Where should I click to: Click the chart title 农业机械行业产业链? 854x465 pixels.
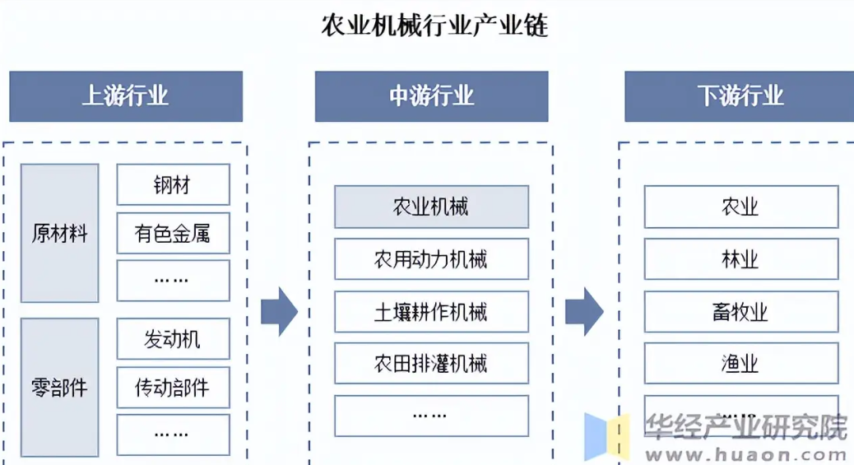click(434, 26)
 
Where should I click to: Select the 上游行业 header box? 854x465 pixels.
click(126, 96)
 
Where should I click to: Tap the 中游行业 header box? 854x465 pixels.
click(431, 96)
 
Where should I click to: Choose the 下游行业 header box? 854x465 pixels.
click(740, 96)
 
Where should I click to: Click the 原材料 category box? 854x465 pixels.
click(59, 233)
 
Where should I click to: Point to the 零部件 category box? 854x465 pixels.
click(59, 387)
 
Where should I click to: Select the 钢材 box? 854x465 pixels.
click(173, 184)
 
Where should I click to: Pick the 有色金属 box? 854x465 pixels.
click(173, 234)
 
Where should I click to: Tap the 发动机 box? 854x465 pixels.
click(173, 338)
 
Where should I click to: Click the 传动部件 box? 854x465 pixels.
click(173, 387)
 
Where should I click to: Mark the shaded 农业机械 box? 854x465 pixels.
click(431, 207)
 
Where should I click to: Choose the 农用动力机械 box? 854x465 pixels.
click(431, 259)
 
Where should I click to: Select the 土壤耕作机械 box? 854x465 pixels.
click(431, 311)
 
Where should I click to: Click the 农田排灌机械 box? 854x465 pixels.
click(431, 363)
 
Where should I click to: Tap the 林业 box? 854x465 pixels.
click(740, 259)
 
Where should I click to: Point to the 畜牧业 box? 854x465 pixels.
click(740, 311)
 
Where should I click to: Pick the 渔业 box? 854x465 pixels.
click(740, 363)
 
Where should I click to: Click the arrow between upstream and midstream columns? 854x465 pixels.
click(279, 312)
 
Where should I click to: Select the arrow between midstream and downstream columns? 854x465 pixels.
click(585, 312)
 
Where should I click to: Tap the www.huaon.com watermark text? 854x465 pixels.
click(745, 452)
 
